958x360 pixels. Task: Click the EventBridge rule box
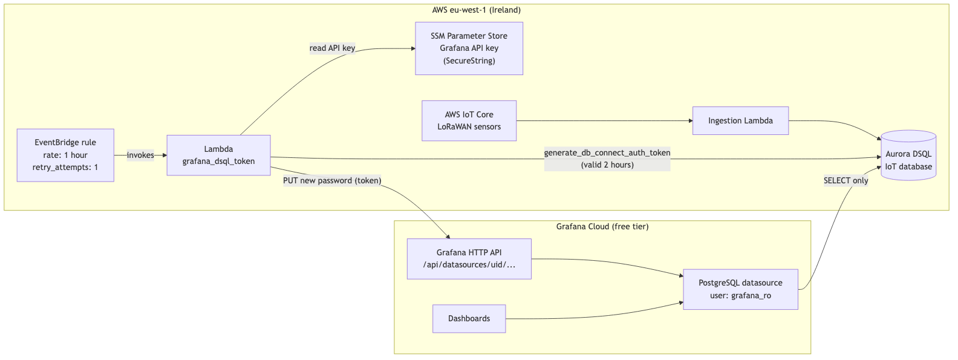click(x=65, y=155)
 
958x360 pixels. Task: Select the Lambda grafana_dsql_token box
click(x=218, y=155)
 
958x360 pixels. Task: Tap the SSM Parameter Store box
click(x=469, y=48)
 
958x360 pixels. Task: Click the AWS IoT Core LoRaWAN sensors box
click(x=469, y=121)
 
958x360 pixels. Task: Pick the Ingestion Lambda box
click(x=740, y=121)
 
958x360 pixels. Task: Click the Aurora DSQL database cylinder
click(x=908, y=155)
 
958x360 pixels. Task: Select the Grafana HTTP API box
click(x=469, y=259)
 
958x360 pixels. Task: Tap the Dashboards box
click(x=469, y=318)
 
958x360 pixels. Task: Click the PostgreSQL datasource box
click(x=741, y=289)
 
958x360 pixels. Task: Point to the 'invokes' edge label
click(x=140, y=155)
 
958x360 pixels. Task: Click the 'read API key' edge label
click(x=332, y=48)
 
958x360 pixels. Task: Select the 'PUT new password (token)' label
click(x=332, y=181)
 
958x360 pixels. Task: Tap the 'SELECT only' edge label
click(x=846, y=181)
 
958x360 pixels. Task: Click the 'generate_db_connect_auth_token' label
click(x=607, y=152)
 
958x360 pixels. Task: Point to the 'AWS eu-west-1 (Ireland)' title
click(x=477, y=10)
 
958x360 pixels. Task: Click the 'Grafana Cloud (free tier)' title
click(x=602, y=226)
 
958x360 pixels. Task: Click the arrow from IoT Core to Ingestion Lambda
click(x=605, y=121)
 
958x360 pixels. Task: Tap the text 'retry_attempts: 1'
click(x=65, y=167)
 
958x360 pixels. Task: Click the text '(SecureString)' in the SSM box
click(x=469, y=61)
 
